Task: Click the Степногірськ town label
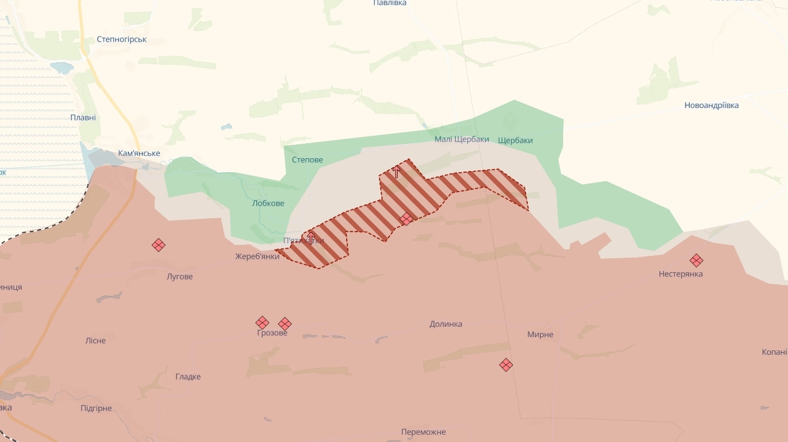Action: (121, 39)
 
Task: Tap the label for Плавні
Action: (83, 118)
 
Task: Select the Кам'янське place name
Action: (139, 154)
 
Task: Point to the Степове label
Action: (307, 160)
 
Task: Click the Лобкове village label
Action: (268, 204)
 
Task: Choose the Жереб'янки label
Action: (257, 256)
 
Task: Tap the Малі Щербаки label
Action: (461, 139)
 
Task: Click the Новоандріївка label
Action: (711, 105)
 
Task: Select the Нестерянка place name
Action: (681, 274)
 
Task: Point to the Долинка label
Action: (446, 324)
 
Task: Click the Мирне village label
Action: (540, 335)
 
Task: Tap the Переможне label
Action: (423, 432)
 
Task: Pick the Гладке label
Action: (188, 377)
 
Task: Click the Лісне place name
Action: (96, 341)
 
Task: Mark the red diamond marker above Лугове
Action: (158, 245)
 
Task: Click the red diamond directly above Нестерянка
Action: (696, 261)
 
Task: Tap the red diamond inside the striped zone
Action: (407, 218)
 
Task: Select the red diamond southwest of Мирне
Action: (506, 365)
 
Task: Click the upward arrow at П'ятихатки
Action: (311, 237)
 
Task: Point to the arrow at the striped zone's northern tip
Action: (396, 172)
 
